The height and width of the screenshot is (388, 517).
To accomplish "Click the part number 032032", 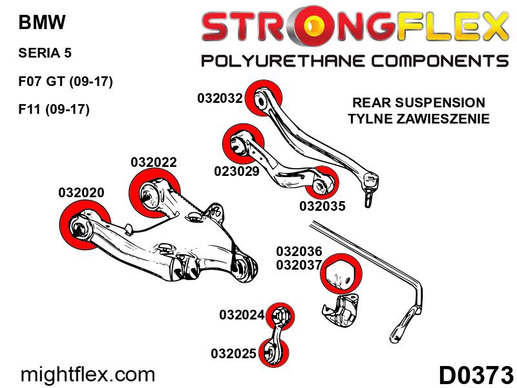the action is (220, 98).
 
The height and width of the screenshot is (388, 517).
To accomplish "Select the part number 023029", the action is (237, 171).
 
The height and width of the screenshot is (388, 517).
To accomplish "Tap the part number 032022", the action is (154, 162).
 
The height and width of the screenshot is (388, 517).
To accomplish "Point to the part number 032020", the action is (81, 192).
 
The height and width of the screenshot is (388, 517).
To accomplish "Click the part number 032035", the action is (322, 206).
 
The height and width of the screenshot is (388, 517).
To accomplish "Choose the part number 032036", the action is (299, 252).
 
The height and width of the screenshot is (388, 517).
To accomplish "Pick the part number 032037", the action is (299, 264).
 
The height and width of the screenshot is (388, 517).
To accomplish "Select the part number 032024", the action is (242, 315).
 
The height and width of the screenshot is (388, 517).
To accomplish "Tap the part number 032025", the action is (233, 353).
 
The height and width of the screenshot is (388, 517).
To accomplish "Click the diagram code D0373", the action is (476, 375).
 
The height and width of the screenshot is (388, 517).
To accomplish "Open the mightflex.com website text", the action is (88, 375).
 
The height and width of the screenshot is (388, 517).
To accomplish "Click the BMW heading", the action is (42, 23).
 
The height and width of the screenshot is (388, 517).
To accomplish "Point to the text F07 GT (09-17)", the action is (66, 81).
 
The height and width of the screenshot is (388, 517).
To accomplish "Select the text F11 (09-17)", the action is (54, 109).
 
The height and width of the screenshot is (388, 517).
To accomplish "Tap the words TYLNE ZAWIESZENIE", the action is (418, 119).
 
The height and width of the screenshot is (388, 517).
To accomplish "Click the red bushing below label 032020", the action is (85, 226).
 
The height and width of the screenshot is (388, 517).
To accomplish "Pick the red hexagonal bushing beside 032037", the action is (341, 274).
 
